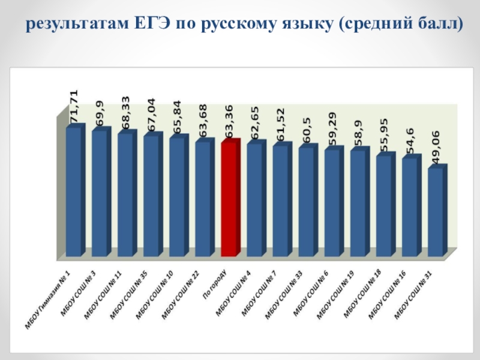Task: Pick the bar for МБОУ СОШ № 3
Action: tap(99, 193)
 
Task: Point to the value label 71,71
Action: tap(74, 106)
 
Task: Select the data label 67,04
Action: tap(152, 115)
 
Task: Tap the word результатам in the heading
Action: tap(77, 25)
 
